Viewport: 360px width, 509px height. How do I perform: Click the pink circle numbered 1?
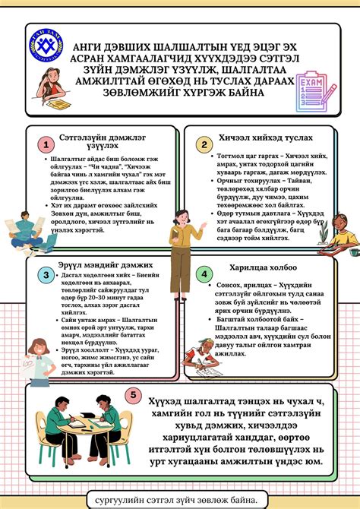pyautogui.click(x=46, y=144)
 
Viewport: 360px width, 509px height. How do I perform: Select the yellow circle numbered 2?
pyautogui.click(x=203, y=144)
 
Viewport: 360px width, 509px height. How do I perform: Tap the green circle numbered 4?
pyautogui.click(x=203, y=274)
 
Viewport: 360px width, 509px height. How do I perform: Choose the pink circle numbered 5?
pyautogui.click(x=134, y=395)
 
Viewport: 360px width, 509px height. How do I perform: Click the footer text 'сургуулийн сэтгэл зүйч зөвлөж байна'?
pyautogui.click(x=182, y=498)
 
